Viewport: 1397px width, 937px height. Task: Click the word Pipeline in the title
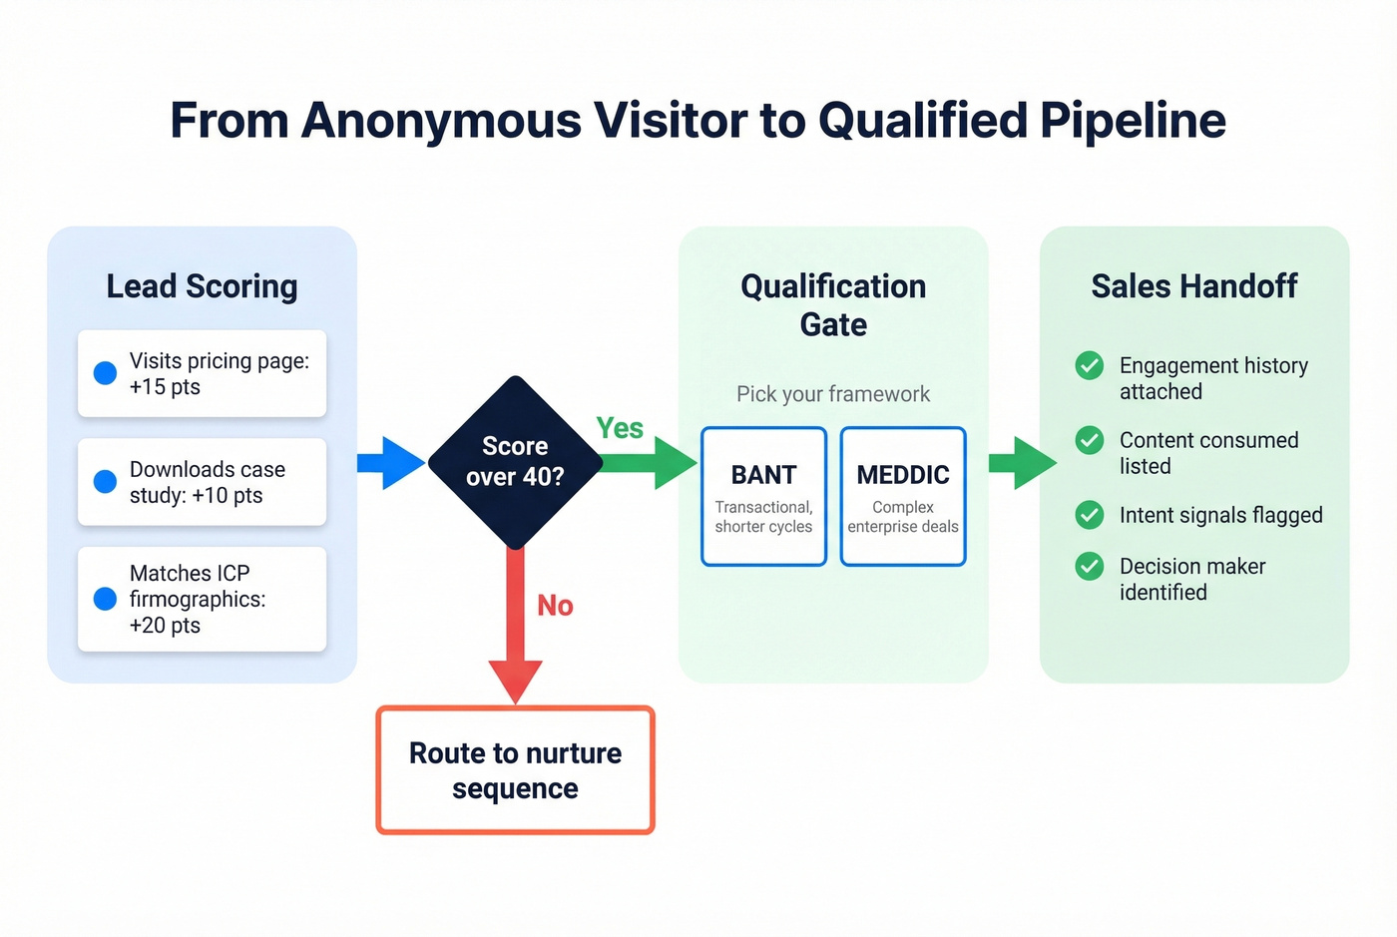click(1132, 121)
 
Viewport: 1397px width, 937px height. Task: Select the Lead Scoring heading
click(202, 286)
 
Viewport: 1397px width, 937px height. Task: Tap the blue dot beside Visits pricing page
click(105, 373)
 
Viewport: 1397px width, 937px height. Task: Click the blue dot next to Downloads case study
click(105, 482)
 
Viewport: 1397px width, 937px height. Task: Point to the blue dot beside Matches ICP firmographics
click(105, 599)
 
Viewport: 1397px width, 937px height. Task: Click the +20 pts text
click(165, 626)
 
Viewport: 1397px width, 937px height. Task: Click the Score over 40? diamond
click(515, 462)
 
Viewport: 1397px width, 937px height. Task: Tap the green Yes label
click(620, 428)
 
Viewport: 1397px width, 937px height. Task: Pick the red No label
click(555, 606)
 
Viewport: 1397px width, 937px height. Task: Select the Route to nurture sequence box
click(515, 770)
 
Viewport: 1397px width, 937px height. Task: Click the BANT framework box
click(763, 497)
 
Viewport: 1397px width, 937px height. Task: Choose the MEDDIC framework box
click(903, 497)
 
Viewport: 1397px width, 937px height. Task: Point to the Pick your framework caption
click(833, 394)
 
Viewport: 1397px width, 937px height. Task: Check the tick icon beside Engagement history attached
click(1089, 366)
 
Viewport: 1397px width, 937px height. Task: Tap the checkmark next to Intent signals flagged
click(1089, 515)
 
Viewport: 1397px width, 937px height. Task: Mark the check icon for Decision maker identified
click(1089, 567)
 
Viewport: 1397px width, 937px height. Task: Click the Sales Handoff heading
click(1193, 286)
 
